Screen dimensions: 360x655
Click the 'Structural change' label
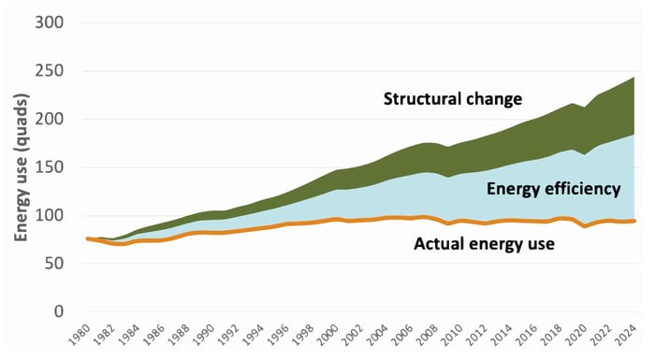click(452, 98)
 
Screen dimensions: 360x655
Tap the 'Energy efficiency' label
click(554, 189)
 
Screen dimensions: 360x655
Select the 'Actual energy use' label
click(487, 246)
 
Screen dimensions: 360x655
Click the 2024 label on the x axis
click(627, 338)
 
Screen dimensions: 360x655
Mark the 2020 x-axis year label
click(577, 338)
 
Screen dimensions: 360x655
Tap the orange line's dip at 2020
click(586, 226)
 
